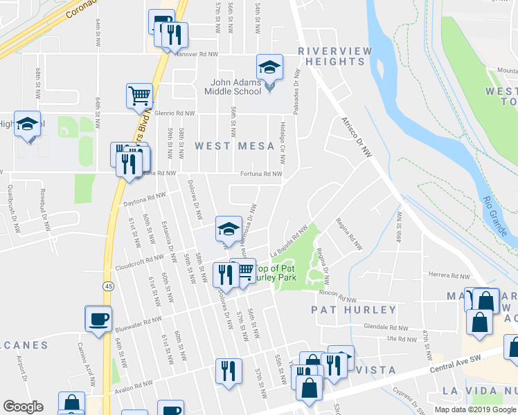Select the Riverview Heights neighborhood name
pos(332,57)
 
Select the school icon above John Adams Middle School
pos(269,66)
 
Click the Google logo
pos(23,407)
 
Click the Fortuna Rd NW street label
pos(261,174)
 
